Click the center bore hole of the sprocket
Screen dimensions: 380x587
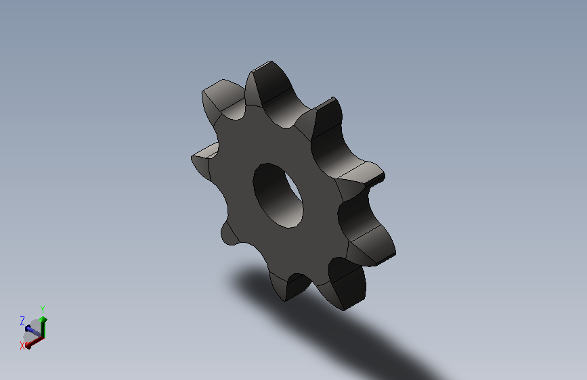277,195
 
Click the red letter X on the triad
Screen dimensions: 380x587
22,345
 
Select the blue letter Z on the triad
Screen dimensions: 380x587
22,320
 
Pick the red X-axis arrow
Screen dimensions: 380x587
35,340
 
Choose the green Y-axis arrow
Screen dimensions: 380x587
43,325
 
